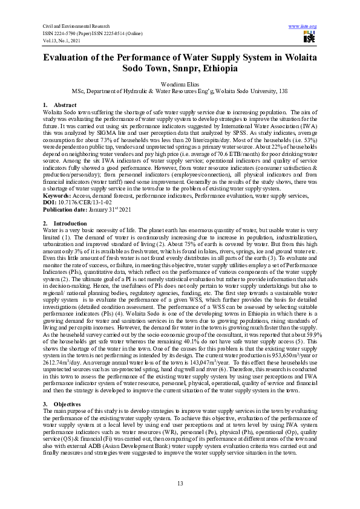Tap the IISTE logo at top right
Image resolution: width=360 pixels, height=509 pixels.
point(309,37)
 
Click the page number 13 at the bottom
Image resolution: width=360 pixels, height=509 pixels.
point(180,482)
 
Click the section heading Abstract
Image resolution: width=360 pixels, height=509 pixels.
point(65,105)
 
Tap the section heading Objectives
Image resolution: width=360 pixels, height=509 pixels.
point(68,403)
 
